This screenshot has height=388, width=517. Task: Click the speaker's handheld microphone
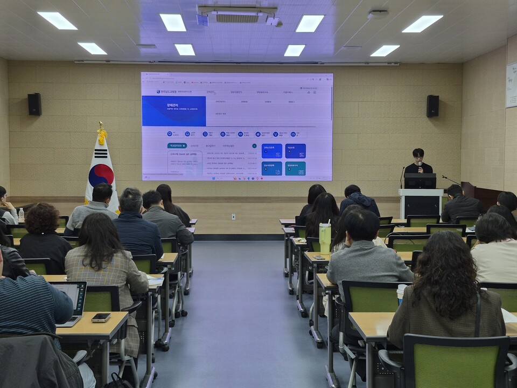tap(420, 164)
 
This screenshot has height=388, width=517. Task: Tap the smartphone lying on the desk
tap(101, 317)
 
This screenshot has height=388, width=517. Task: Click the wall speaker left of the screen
tap(34, 104)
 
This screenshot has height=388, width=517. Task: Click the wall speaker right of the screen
tap(432, 106)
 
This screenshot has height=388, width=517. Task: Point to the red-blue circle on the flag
tap(101, 175)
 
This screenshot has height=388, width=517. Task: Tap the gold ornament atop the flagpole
tap(101, 134)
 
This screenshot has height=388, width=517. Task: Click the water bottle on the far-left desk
tap(21, 215)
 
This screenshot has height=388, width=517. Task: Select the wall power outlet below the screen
tap(233, 217)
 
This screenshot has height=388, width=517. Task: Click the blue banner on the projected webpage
tap(174, 111)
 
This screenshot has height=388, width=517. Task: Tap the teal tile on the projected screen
tap(295, 169)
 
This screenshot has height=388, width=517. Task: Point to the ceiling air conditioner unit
tap(237, 16)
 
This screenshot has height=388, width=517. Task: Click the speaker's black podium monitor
tap(420, 181)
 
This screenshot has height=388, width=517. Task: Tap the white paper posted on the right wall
tap(511, 85)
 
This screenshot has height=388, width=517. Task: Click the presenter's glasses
tap(418, 157)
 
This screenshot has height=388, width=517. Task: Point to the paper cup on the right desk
tap(401, 294)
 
